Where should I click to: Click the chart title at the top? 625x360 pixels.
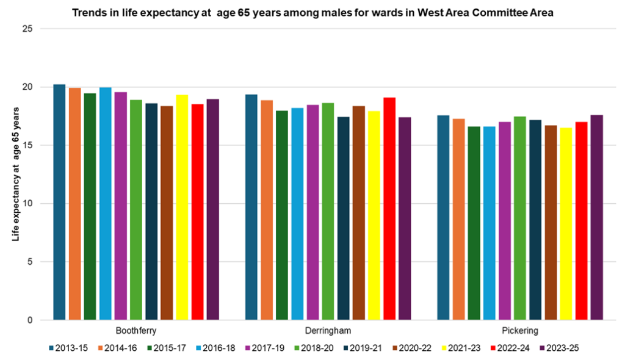312,13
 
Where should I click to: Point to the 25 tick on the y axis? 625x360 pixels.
28,29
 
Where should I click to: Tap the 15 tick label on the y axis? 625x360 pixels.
28,145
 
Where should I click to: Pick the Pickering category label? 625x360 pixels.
520,331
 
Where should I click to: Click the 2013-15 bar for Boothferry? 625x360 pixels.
59,202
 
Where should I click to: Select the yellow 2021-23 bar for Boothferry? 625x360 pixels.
182,207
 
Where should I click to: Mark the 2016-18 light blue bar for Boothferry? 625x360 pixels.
105,204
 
